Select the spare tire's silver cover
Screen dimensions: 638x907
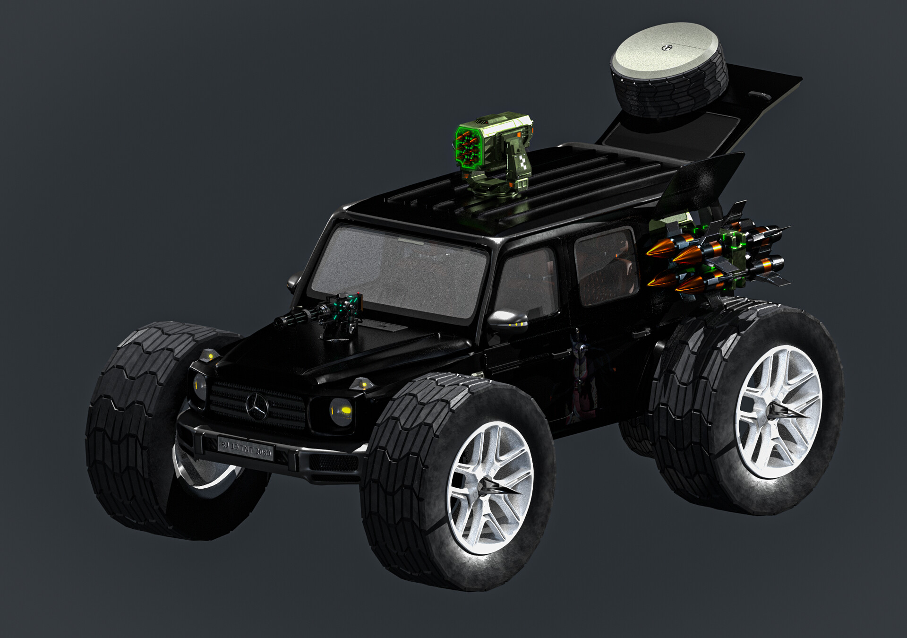[664, 47]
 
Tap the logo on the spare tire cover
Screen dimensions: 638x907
[667, 48]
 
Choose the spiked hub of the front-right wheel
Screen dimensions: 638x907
[491, 487]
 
